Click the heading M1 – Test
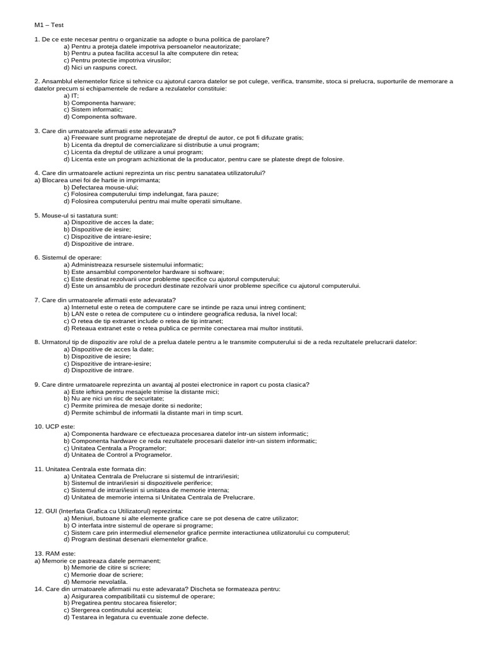pyautogui.click(x=49, y=25)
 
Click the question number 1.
pyautogui.click(x=37, y=40)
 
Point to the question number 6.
pyautogui.click(x=37, y=258)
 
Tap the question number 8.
pyautogui.click(x=37, y=342)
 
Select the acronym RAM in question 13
pyautogui.click(x=52, y=554)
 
